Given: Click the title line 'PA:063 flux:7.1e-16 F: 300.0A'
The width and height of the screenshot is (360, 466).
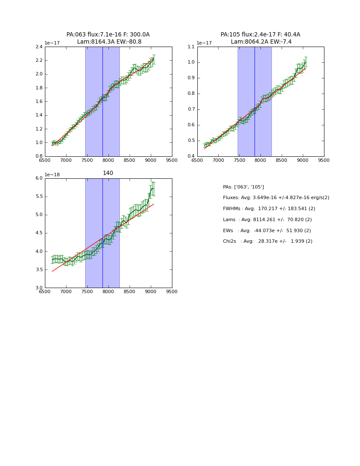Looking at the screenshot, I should pyautogui.click(x=108, y=35).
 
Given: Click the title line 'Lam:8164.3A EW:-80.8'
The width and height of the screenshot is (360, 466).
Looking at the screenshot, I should pyautogui.click(x=109, y=42).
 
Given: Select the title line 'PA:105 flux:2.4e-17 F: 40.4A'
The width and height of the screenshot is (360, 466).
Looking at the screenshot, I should pyautogui.click(x=260, y=35).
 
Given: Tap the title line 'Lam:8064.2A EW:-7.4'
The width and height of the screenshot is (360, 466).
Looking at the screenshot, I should pyautogui.click(x=261, y=42).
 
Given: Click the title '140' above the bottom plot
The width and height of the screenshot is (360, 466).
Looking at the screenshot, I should pyautogui.click(x=108, y=173).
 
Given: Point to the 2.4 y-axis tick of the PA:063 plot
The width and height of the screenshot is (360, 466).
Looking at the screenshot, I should pyautogui.click(x=39, y=47).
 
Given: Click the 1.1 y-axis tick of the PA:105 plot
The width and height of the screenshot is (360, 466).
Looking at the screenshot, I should pyautogui.click(x=191, y=47).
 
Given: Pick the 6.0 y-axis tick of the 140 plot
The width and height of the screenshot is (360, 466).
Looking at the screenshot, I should pyautogui.click(x=39, y=178).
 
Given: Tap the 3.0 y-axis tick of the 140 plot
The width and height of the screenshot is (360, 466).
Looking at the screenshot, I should pyautogui.click(x=39, y=288).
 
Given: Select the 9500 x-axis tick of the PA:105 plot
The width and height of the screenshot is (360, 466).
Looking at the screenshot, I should pyautogui.click(x=324, y=161).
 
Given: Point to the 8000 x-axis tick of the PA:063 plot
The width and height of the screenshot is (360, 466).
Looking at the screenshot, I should pyautogui.click(x=108, y=161).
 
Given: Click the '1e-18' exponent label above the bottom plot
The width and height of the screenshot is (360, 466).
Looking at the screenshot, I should pyautogui.click(x=53, y=175).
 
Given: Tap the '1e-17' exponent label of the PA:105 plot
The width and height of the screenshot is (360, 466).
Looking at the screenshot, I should pyautogui.click(x=204, y=43).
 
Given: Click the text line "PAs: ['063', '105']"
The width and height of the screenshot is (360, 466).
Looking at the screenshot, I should pyautogui.click(x=244, y=187).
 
